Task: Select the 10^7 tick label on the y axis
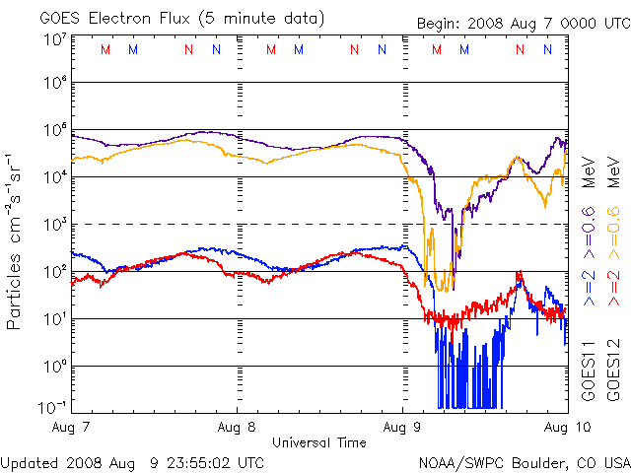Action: pyautogui.click(x=53, y=39)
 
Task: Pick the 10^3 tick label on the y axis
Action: pyautogui.click(x=53, y=225)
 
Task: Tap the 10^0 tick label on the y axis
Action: pyautogui.click(x=53, y=366)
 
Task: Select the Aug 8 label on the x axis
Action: pyautogui.click(x=237, y=427)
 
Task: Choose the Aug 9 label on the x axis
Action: pyautogui.click(x=402, y=427)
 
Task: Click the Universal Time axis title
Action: pyautogui.click(x=317, y=442)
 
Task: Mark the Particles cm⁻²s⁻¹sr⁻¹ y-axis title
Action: pyautogui.click(x=17, y=240)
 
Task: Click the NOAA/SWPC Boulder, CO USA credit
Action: pyautogui.click(x=523, y=461)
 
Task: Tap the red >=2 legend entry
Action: pyautogui.click(x=612, y=286)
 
